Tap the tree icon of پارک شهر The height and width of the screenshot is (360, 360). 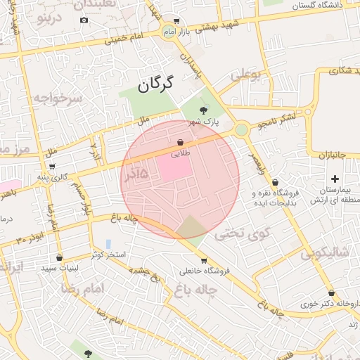pos(204,110)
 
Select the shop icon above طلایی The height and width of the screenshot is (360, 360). pos(180,141)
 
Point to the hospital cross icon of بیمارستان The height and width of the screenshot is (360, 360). pos(335,179)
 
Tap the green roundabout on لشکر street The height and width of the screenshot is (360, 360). pos(242,129)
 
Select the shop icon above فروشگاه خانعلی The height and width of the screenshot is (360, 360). pos(204,261)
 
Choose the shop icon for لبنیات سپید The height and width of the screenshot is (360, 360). pos(59,257)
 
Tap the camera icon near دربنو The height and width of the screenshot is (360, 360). pos(84,20)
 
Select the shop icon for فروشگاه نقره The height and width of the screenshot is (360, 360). pos(274,182)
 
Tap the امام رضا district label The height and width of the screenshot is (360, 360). pos(83,289)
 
